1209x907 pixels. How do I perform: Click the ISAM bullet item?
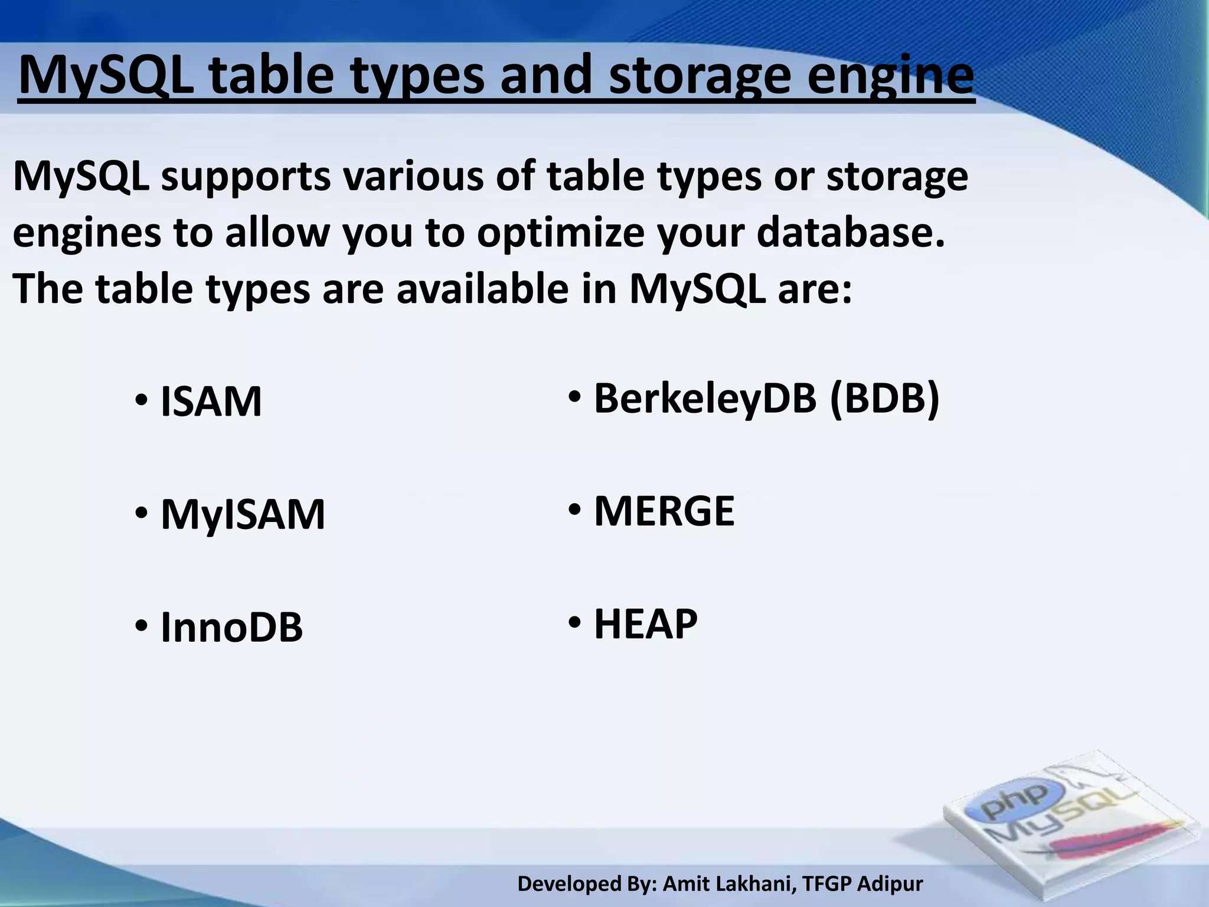[211, 402]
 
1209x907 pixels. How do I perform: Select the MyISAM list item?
[243, 515]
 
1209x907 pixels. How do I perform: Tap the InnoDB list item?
[231, 627]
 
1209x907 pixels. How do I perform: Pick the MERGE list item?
[664, 511]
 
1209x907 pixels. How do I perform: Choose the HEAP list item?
[645, 624]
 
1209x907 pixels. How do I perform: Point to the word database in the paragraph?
[850, 232]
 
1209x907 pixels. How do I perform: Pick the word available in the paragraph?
[482, 289]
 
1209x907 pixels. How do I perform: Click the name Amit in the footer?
[684, 884]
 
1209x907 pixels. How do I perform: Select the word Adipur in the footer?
[890, 884]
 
